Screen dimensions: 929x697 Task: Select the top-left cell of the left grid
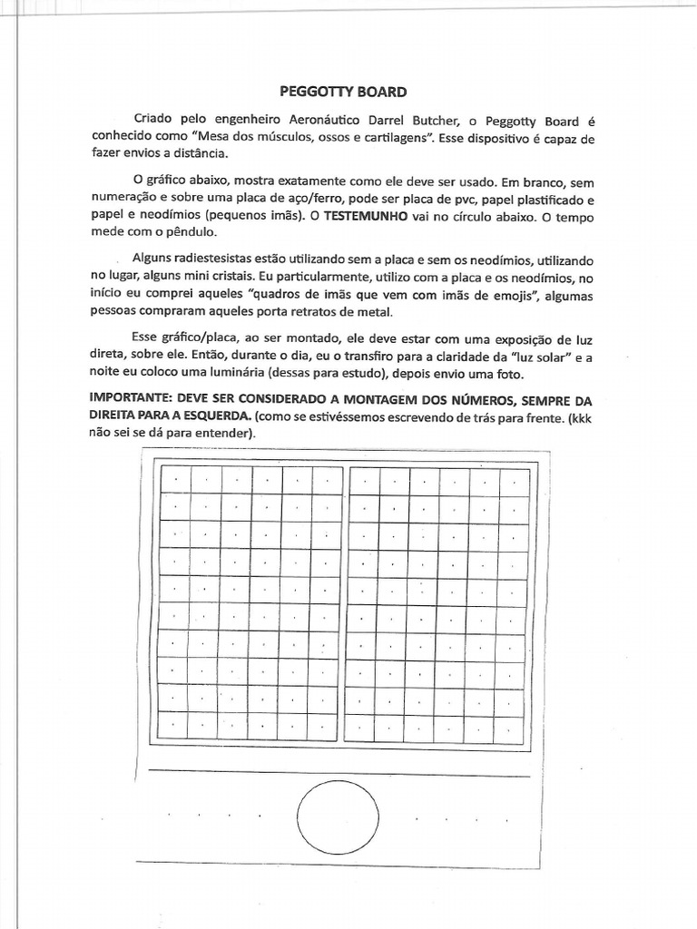[x=176, y=478]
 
